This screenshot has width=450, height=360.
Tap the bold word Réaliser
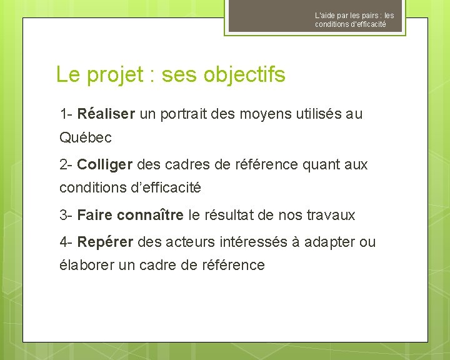[106, 114]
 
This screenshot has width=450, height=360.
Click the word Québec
[85, 137]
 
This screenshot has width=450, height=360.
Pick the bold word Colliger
[105, 165]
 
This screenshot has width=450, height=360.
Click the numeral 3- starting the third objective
[66, 216]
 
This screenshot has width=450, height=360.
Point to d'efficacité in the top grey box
[363, 24]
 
